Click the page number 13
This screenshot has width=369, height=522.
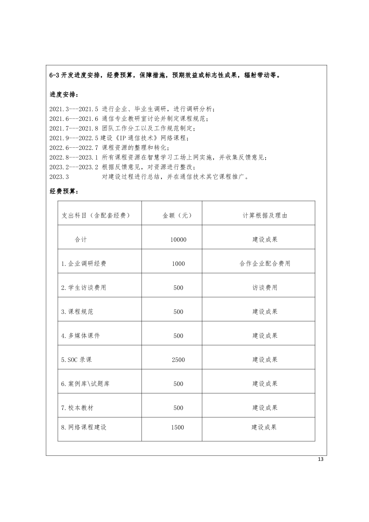320,459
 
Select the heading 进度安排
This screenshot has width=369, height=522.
64,95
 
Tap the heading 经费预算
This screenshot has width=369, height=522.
64,191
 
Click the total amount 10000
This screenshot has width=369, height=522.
178,240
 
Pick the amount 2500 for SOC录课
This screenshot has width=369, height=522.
178,360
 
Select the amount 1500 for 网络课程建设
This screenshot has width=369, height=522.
178,427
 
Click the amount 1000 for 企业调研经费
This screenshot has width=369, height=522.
178,264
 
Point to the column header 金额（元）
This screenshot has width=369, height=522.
177,216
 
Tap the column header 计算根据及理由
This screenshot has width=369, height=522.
265,216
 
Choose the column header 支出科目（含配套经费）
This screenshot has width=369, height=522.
96,216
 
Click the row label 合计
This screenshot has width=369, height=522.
81,240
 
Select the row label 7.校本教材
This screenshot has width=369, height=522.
77,408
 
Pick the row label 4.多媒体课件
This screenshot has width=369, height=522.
81,336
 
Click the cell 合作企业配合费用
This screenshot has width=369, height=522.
265,264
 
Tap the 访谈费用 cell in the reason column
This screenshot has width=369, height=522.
265,288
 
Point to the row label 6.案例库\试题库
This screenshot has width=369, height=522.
85,384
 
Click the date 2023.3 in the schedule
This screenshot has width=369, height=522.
59,177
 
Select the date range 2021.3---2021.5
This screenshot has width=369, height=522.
74,109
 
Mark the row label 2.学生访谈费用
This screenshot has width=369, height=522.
84,288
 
